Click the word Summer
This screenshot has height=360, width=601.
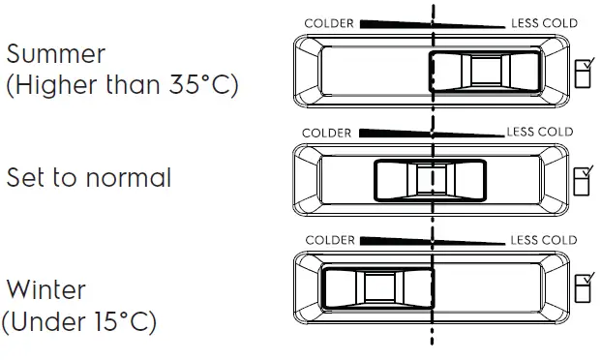click(56, 52)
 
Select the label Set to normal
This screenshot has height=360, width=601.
click(89, 178)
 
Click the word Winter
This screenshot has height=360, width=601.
click(46, 289)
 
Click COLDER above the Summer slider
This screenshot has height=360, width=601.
click(329, 23)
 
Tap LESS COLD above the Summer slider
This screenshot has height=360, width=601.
click(542, 23)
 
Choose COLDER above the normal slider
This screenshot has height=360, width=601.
click(327, 133)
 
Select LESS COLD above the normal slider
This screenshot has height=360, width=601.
click(540, 132)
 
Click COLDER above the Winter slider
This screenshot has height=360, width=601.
click(330, 240)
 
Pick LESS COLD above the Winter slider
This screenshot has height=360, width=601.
click(543, 240)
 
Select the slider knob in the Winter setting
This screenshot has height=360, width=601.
click(378, 287)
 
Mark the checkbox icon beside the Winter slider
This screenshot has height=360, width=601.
click(586, 287)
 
